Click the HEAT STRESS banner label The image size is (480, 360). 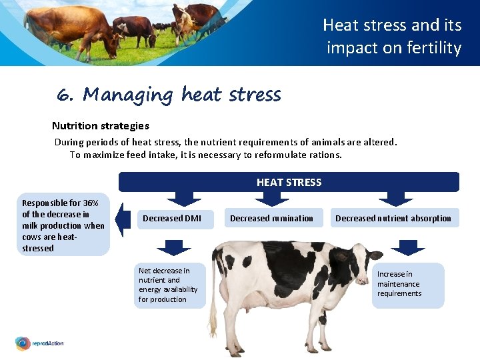289,182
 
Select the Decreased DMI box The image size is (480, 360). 172,219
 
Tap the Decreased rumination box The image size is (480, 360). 271,219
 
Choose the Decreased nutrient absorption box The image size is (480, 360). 393,219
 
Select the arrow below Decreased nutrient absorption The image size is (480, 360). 407,247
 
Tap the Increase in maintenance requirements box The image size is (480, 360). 407,284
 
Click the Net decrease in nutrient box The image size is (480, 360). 168,285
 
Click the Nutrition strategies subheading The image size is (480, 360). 101,126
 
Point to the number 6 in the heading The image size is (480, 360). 64,95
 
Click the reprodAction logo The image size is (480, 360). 40,343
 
